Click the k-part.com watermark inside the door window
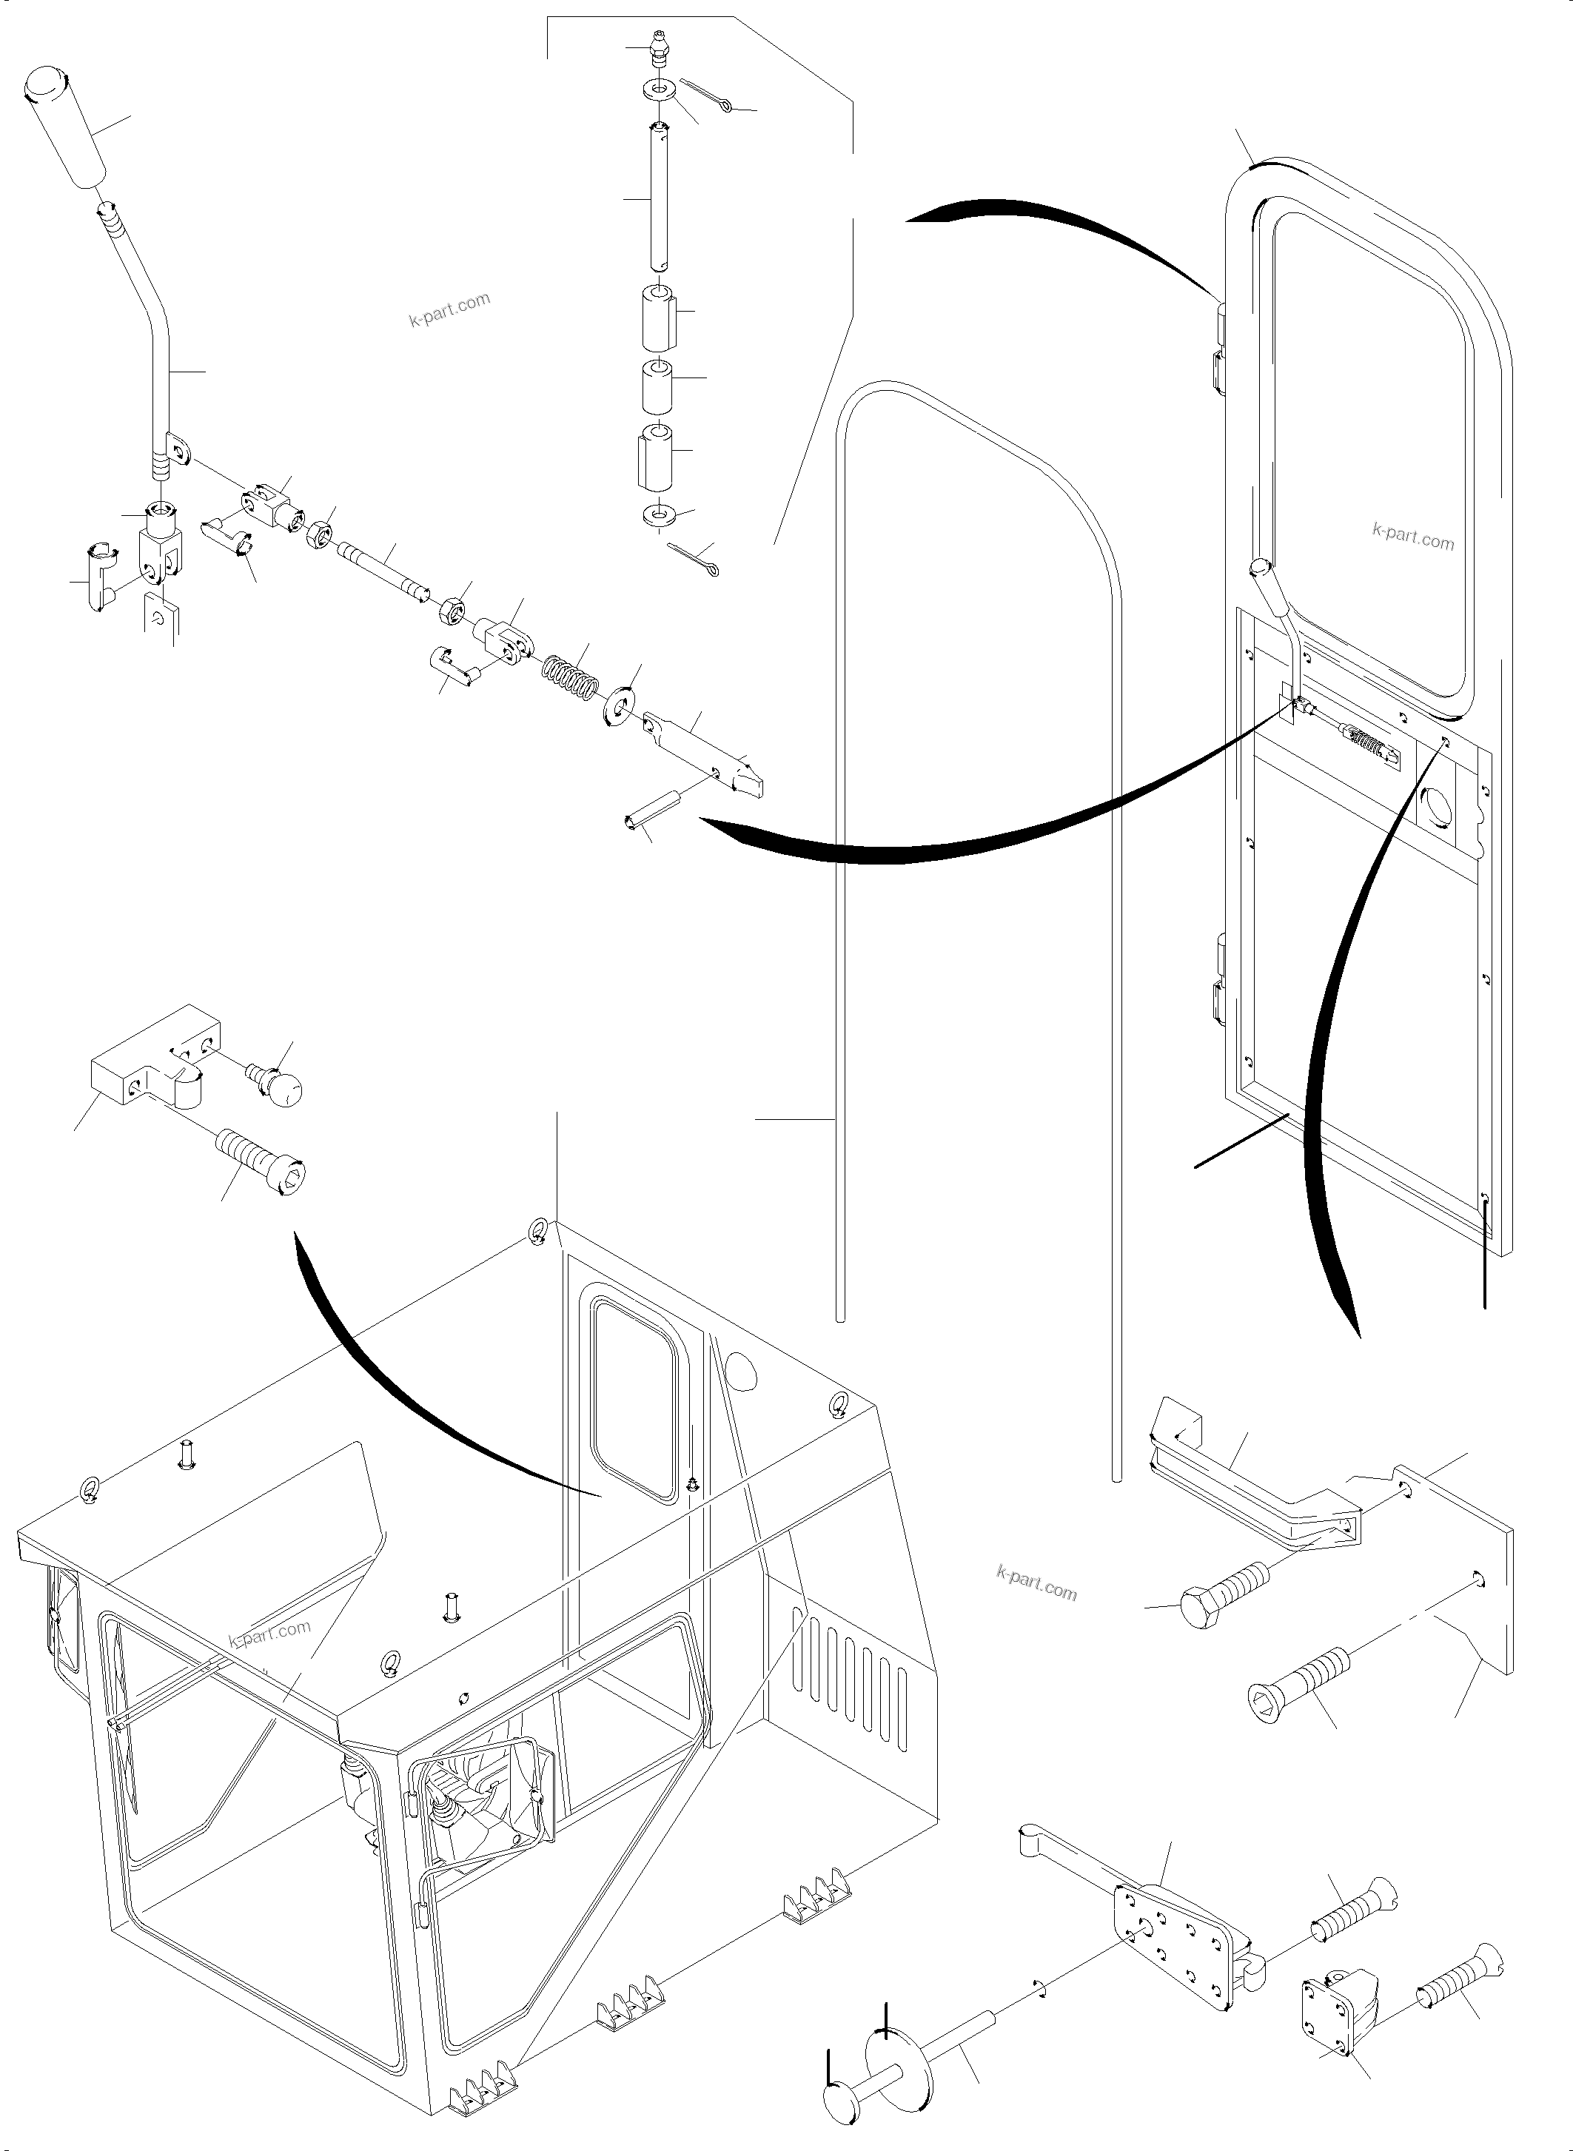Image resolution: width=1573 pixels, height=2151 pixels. tap(1413, 538)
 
